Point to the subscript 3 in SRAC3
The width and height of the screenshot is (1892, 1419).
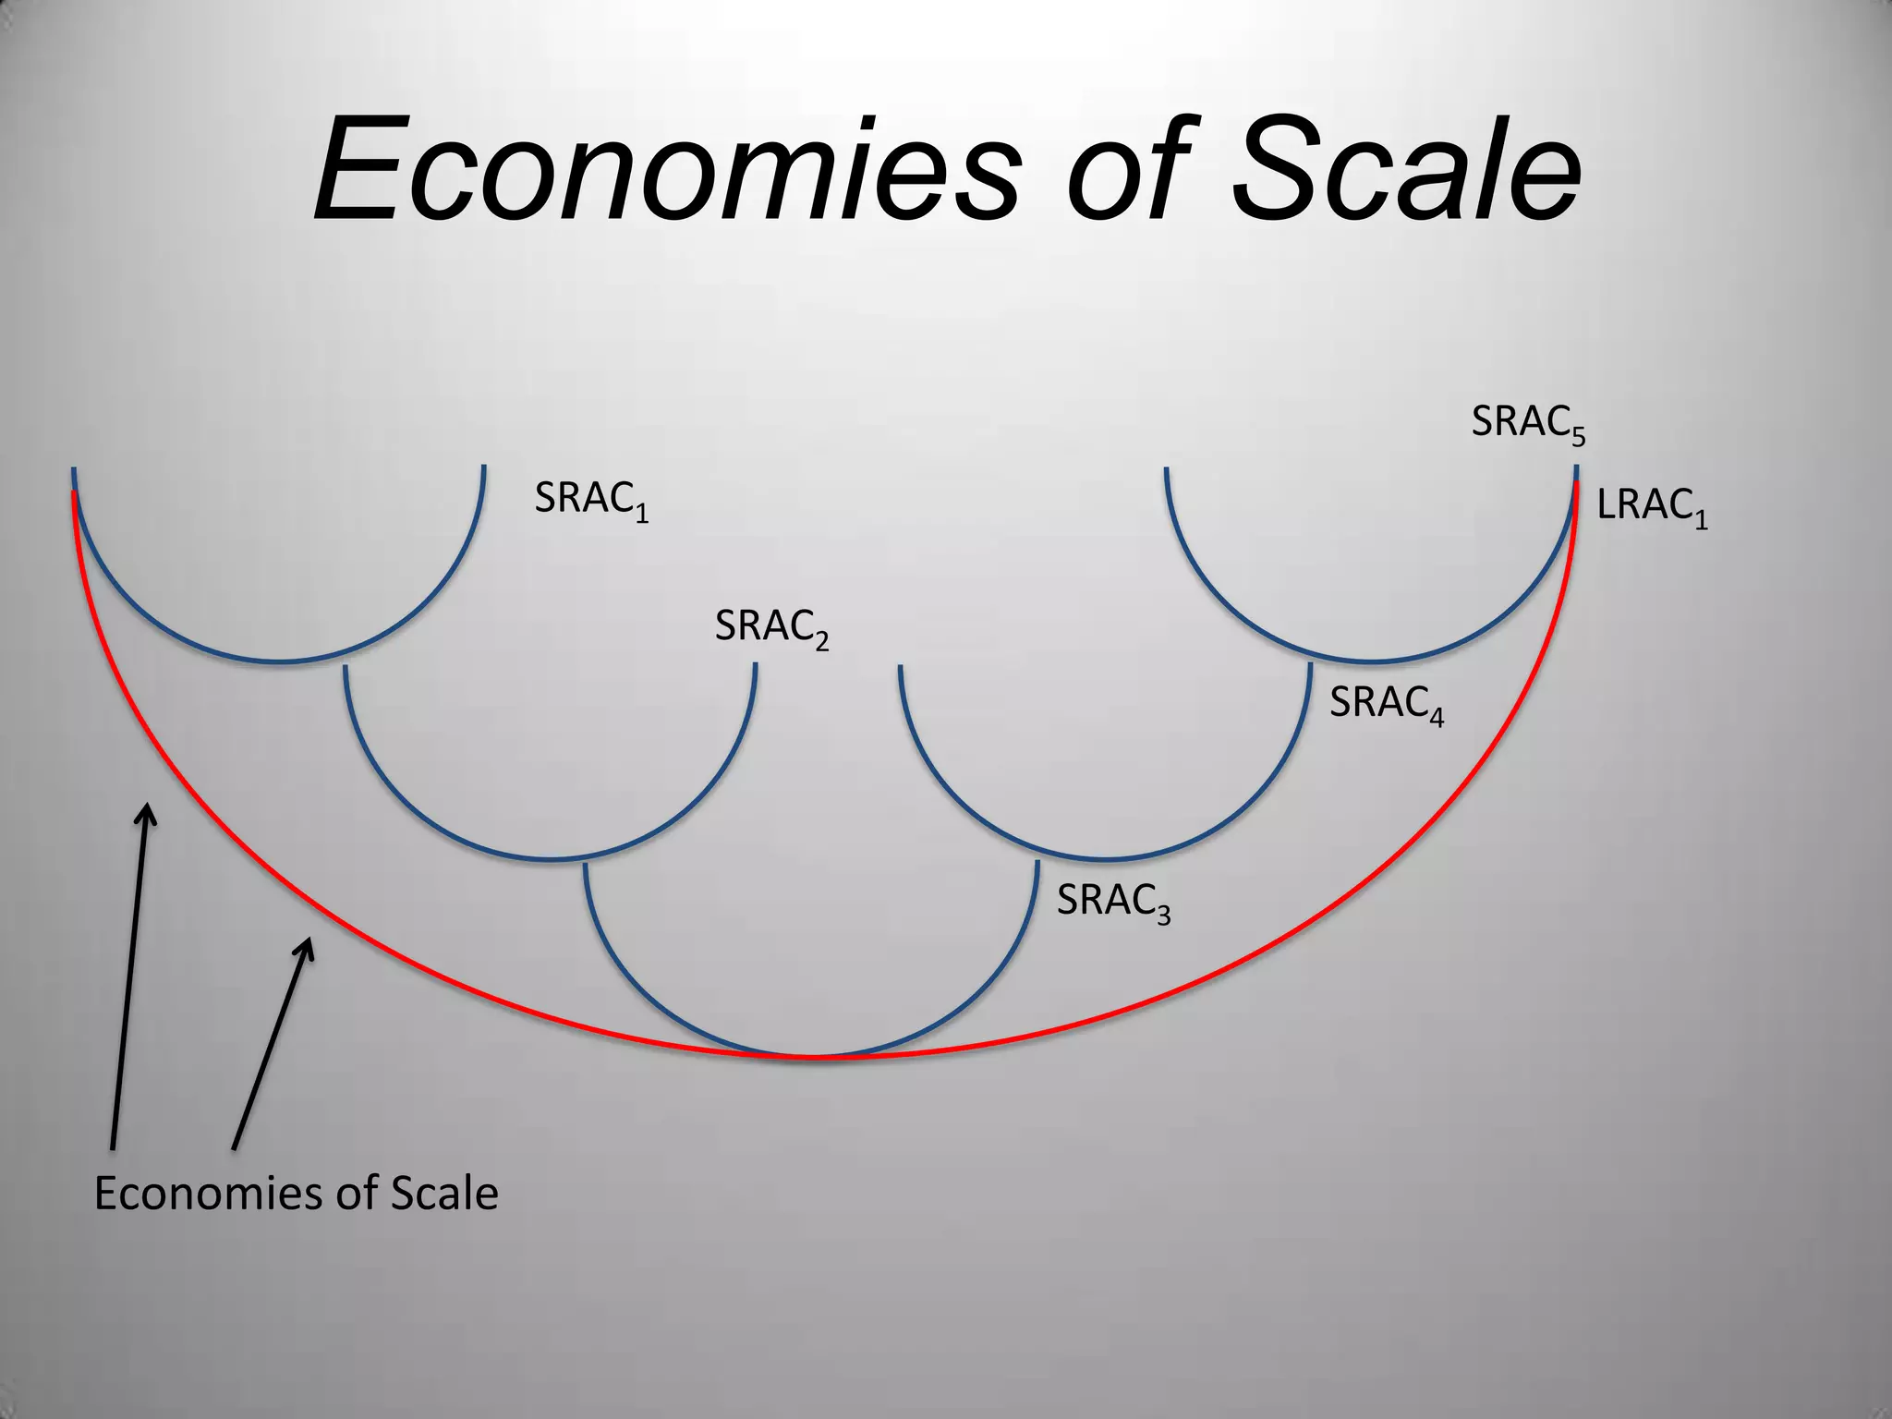[1163, 914]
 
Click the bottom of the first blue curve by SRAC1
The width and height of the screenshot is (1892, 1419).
[279, 661]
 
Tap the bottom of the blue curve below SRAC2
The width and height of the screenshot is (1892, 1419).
[551, 859]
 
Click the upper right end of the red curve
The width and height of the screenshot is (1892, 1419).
[1575, 485]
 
